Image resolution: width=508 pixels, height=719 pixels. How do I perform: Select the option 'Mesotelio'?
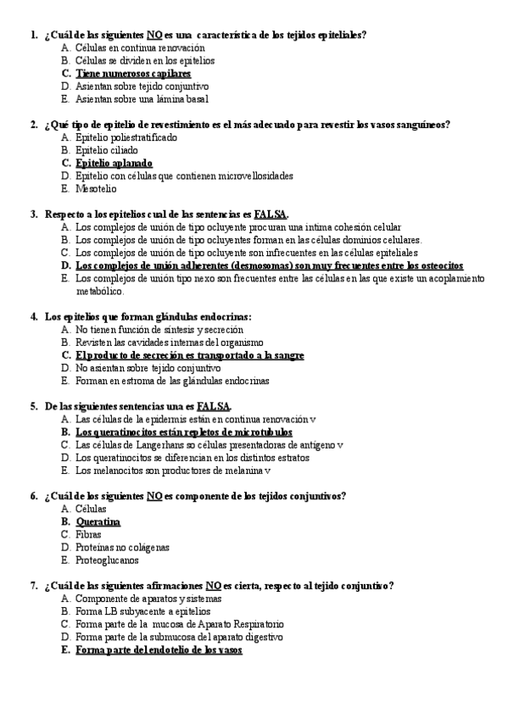pos(96,188)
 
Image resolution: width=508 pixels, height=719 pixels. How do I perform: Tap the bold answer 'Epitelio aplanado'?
pos(114,163)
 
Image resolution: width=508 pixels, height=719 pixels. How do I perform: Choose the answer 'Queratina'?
pos(98,521)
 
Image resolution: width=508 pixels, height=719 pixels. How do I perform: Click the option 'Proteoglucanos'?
pos(107,560)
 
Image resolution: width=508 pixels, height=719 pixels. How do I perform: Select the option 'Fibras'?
pos(88,534)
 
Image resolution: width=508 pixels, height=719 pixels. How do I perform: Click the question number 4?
pos(33,317)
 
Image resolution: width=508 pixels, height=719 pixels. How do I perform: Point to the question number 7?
pos(33,585)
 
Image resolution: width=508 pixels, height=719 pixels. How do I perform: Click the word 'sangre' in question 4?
pos(287,355)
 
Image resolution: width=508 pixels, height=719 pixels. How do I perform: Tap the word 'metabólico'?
pos(100,291)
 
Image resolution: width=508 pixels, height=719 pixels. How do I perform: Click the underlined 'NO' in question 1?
pos(154,35)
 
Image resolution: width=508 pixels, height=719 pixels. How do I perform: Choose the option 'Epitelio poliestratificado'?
pos(126,137)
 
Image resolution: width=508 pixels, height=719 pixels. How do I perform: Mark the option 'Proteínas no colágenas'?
pos(122,547)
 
